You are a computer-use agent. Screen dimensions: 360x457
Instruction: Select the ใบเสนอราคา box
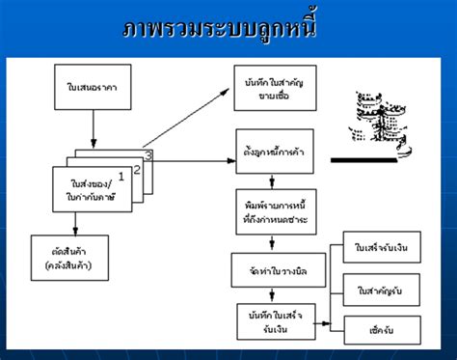pyautogui.click(x=94, y=92)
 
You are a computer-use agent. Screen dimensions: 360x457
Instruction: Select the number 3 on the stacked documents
pyautogui.click(x=148, y=153)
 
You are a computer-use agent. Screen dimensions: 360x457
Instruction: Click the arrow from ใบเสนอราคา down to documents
pyautogui.click(x=94, y=127)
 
